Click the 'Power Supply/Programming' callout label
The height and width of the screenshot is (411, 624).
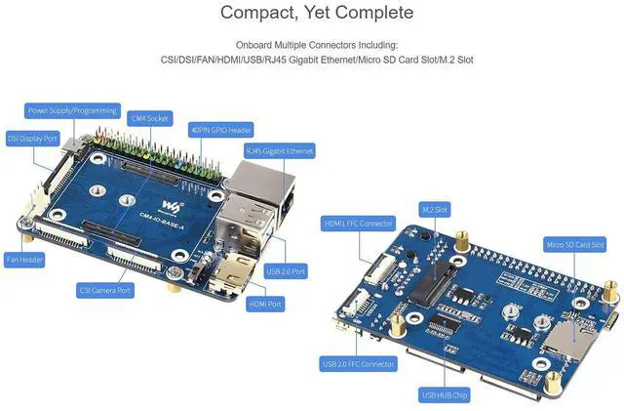pyautogui.click(x=73, y=110)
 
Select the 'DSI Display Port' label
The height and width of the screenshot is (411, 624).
pyautogui.click(x=33, y=138)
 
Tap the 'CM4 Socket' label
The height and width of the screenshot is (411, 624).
pyautogui.click(x=149, y=118)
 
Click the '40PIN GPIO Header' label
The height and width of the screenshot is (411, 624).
pyautogui.click(x=221, y=129)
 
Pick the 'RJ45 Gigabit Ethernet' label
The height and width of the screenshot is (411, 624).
pyautogui.click(x=279, y=151)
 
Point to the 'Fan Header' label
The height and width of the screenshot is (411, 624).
pyautogui.click(x=25, y=260)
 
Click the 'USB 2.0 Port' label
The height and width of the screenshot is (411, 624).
pyautogui.click(x=285, y=270)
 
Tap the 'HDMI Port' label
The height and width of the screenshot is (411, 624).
pyautogui.click(x=265, y=304)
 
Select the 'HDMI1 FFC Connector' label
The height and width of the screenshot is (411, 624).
pyautogui.click(x=358, y=224)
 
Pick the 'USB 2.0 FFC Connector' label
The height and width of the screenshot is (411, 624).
pyautogui.click(x=358, y=364)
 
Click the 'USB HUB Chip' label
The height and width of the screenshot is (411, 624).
pyautogui.click(x=445, y=394)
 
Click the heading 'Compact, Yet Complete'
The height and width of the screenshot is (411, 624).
pyautogui.click(x=316, y=14)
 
